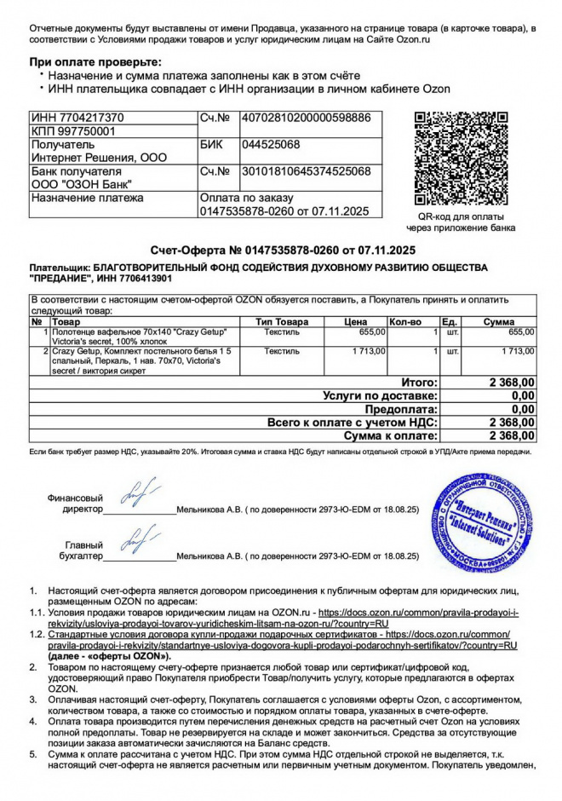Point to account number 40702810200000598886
(x=307, y=118)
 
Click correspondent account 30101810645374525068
(x=307, y=171)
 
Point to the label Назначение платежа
(x=88, y=198)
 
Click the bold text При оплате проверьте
(x=95, y=62)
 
